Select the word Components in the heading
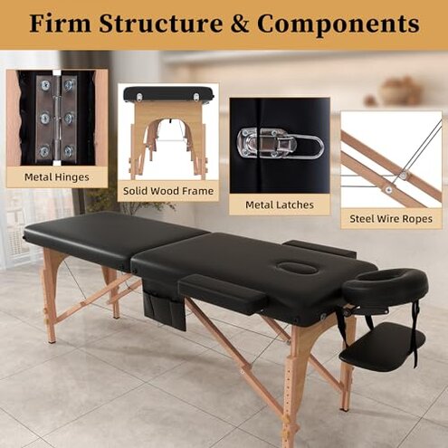pos(348,24)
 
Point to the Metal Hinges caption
pos(57,176)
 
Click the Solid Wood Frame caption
pos(168,191)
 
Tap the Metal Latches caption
pos(280,205)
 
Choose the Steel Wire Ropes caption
pos(391,218)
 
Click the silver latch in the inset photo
pos(277,143)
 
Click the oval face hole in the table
pos(298,267)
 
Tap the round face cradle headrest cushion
pos(386,285)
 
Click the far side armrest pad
pos(319,248)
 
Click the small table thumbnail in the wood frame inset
pos(168,94)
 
